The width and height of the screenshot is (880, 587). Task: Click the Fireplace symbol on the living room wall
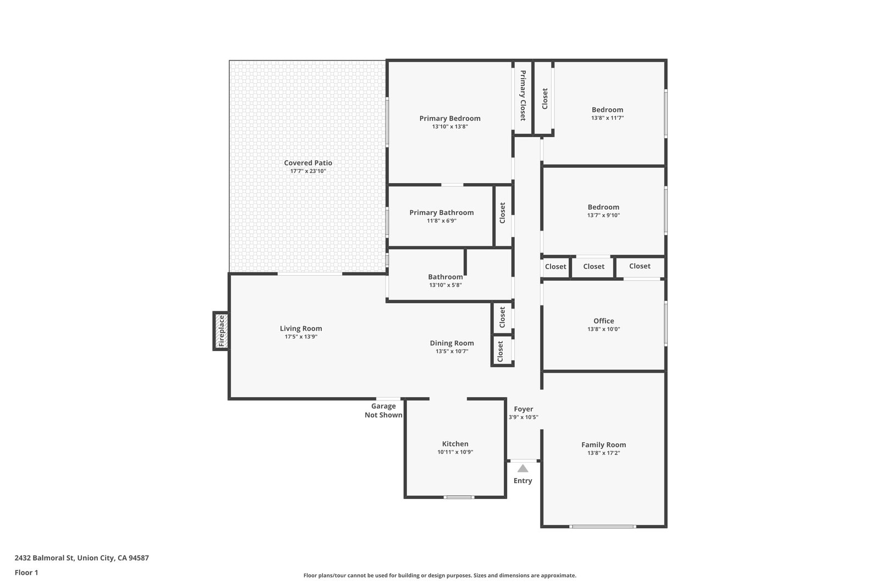point(221,331)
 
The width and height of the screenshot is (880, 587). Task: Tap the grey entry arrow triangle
point(522,468)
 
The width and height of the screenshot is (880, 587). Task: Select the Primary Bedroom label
point(450,118)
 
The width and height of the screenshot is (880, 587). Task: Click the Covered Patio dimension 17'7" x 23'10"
point(308,171)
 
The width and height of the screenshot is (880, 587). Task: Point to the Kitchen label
point(455,443)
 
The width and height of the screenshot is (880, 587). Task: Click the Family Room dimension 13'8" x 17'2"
point(603,453)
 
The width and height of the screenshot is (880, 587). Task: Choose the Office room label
point(603,321)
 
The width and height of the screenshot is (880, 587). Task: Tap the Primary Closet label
point(523,96)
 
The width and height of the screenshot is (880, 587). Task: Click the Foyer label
point(523,409)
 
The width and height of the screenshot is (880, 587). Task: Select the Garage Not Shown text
point(383,410)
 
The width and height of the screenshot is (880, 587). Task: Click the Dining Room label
point(452,343)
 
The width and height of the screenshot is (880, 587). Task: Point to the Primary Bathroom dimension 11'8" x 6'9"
point(442,221)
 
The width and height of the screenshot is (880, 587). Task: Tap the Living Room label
point(301,328)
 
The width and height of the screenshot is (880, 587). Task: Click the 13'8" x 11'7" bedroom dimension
point(607,118)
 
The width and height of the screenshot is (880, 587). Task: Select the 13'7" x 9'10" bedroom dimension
point(603,215)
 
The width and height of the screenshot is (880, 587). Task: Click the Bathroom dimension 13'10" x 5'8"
point(445,286)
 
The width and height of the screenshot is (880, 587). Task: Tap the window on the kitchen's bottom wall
point(459,497)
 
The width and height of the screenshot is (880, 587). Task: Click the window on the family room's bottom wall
point(603,526)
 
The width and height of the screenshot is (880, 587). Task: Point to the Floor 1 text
point(26,573)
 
